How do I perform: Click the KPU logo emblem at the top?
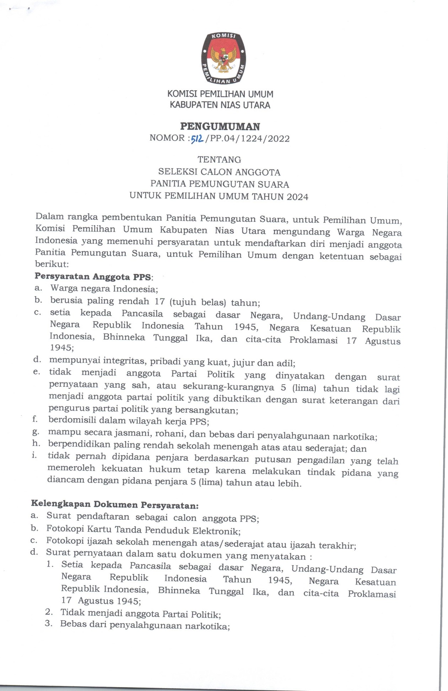coord(223,59)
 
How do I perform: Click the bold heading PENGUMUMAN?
coord(220,127)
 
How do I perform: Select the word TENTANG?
coord(219,160)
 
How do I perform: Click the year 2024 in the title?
coord(297,197)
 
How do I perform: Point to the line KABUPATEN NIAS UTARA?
coord(220,105)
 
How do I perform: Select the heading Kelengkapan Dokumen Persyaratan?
coord(114,504)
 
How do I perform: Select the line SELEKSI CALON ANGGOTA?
coord(219,172)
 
